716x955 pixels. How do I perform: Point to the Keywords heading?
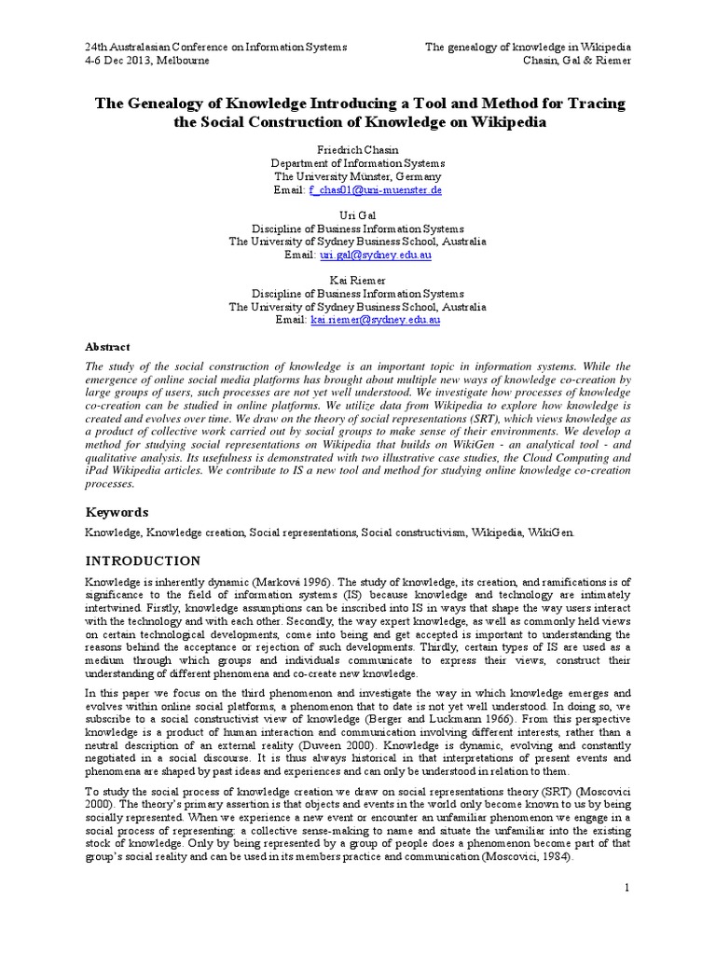click(x=117, y=512)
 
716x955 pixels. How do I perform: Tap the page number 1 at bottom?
click(x=628, y=887)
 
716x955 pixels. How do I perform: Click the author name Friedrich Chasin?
click(x=358, y=148)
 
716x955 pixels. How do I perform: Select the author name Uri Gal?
click(x=358, y=214)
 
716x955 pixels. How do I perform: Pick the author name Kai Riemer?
click(x=358, y=279)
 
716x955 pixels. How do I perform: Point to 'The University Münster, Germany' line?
click(x=358, y=176)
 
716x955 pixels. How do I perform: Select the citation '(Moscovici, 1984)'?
click(x=515, y=857)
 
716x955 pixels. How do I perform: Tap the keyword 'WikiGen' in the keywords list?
click(x=554, y=532)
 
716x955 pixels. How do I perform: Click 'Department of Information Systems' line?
click(x=358, y=162)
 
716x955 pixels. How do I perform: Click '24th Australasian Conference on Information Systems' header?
click(x=216, y=47)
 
